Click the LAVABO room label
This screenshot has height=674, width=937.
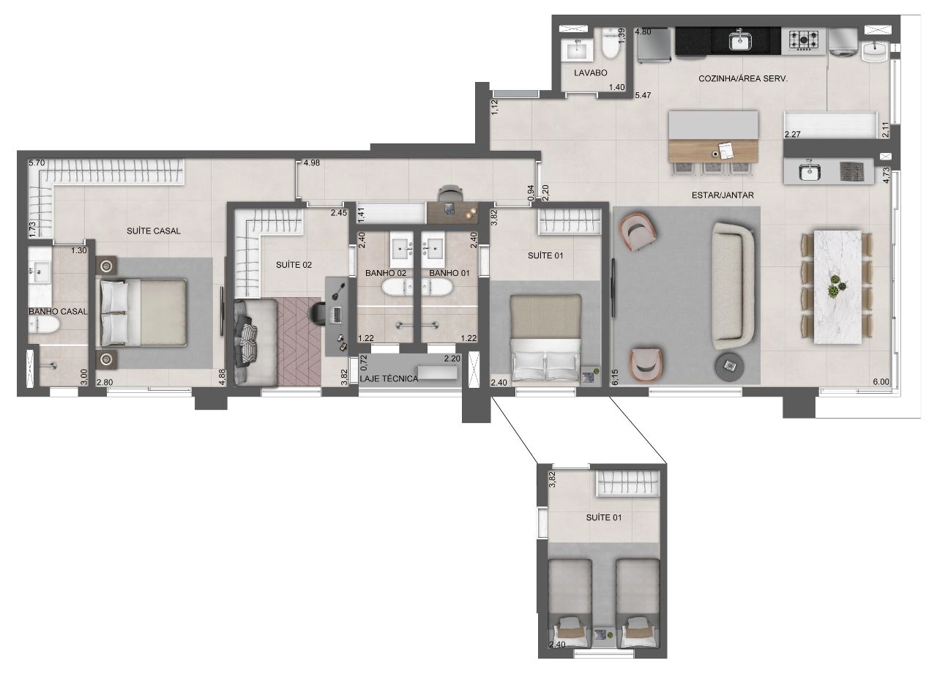click(590, 72)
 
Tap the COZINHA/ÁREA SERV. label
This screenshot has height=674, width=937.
click(743, 78)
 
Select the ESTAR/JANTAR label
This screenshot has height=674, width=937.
click(723, 195)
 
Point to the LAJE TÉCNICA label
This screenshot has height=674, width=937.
click(389, 379)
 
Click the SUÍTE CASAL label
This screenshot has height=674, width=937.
click(154, 231)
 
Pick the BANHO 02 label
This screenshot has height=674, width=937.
click(386, 273)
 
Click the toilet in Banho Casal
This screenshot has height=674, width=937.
click(44, 324)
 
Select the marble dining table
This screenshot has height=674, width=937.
click(837, 287)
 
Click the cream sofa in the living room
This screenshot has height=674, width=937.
click(733, 286)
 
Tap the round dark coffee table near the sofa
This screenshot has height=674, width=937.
click(730, 367)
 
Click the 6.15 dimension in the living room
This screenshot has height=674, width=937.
click(614, 377)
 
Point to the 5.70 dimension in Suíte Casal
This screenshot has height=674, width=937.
click(37, 163)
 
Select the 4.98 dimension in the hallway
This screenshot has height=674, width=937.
click(312, 163)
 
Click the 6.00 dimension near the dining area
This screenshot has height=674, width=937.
click(881, 382)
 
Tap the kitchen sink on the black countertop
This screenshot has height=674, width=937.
click(740, 40)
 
